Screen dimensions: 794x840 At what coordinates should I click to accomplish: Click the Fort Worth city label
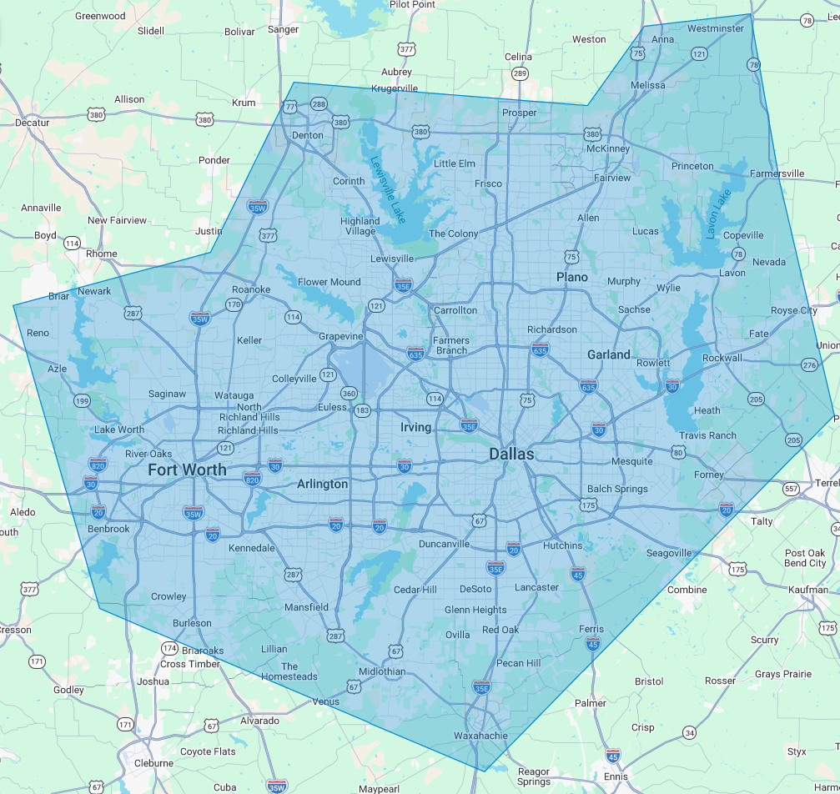coord(187,470)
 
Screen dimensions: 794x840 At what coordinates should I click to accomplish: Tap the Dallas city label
coord(511,454)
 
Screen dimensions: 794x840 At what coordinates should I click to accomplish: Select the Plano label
coord(572,277)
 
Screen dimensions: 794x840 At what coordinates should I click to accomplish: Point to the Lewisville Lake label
coord(388,190)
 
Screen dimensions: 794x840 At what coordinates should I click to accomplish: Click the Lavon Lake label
coord(717,214)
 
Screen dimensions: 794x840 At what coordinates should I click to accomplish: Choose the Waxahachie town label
coord(480,736)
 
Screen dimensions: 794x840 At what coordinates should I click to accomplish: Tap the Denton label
coord(307,135)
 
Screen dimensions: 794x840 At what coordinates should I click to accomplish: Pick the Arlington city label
coord(323,484)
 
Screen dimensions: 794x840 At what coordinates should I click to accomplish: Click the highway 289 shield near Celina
coord(520,74)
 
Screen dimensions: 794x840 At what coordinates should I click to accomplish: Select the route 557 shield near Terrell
coord(791,488)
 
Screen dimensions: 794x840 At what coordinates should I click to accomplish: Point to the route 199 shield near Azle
coord(81,401)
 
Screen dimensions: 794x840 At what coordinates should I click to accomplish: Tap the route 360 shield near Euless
coord(349,394)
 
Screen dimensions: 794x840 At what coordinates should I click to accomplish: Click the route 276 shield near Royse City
coord(809,365)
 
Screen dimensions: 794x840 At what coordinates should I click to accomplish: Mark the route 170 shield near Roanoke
coord(234,305)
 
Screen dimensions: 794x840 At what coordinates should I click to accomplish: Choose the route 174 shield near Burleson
coord(169,648)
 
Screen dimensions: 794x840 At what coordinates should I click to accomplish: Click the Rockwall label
coord(722,358)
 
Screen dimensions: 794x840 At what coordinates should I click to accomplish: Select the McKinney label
coord(608,148)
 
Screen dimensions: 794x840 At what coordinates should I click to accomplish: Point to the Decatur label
coord(33,123)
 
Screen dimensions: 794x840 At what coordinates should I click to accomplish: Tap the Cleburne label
coord(154,762)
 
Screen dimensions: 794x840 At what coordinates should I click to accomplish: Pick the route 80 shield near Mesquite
coord(678,453)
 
